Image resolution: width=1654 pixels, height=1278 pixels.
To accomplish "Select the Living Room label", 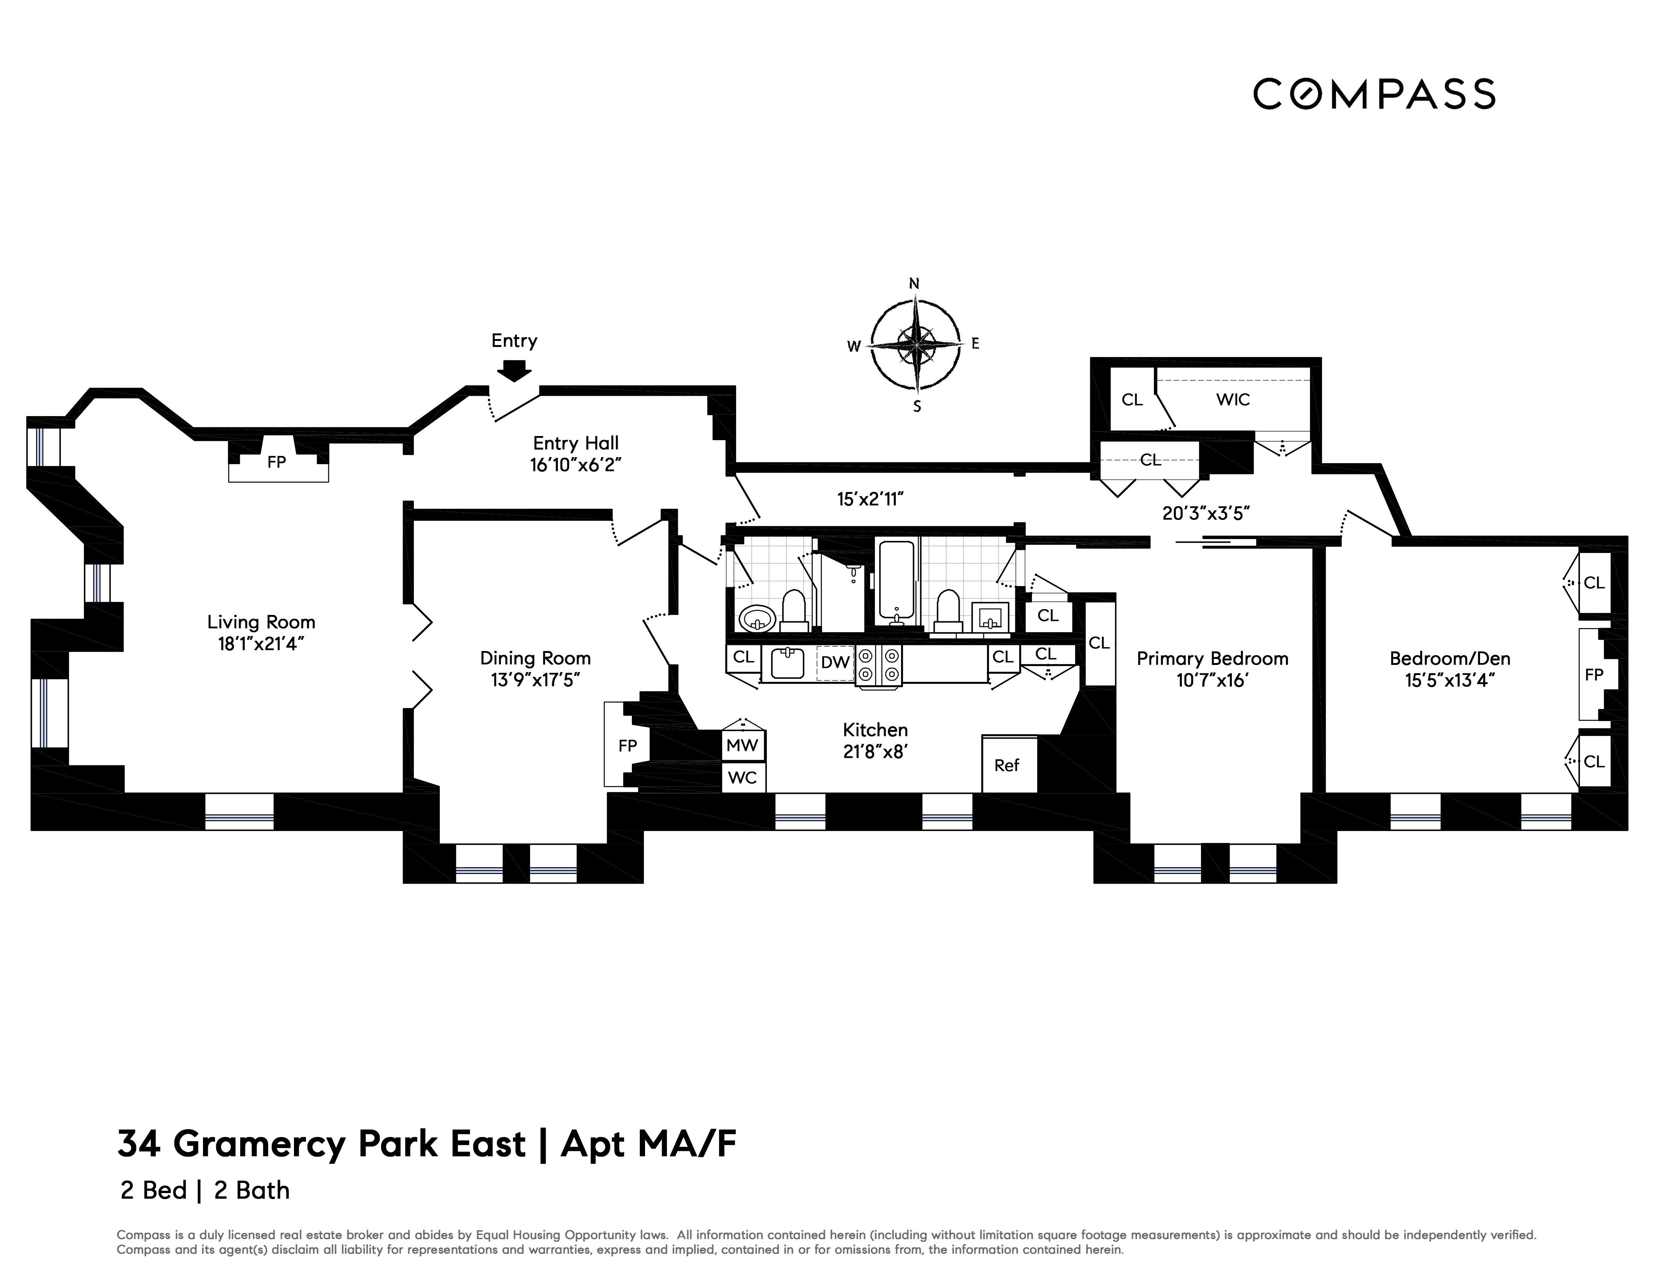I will pyautogui.click(x=261, y=622).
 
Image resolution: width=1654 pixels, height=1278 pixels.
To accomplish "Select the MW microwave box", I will pyautogui.click(x=742, y=745).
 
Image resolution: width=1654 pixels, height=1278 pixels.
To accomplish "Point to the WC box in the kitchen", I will pyautogui.click(x=742, y=778).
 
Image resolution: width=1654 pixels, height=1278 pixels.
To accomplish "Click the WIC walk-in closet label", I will pyautogui.click(x=1233, y=399).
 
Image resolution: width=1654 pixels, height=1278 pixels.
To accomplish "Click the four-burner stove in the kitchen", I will pyautogui.click(x=878, y=665).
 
